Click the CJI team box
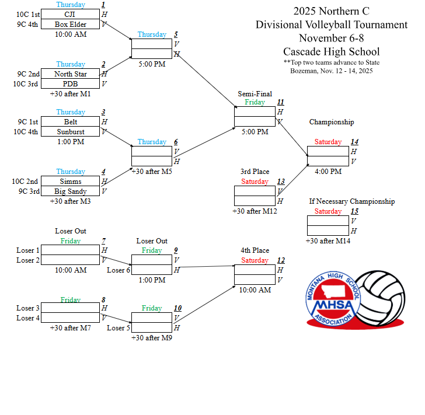click(x=71, y=15)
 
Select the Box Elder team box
click(x=71, y=25)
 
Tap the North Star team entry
click(x=71, y=74)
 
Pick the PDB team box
click(x=71, y=84)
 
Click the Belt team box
click(x=71, y=122)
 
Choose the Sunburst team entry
click(x=71, y=132)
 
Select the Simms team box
click(x=71, y=182)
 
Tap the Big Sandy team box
click(x=71, y=191)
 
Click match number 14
click(x=354, y=142)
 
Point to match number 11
click(x=281, y=102)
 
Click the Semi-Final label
click(x=255, y=94)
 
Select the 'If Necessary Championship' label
click(x=351, y=201)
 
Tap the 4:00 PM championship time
click(x=328, y=172)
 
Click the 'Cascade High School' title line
click(x=331, y=51)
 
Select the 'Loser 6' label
click(x=119, y=270)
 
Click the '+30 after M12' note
click(x=255, y=211)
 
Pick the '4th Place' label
click(x=255, y=250)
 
